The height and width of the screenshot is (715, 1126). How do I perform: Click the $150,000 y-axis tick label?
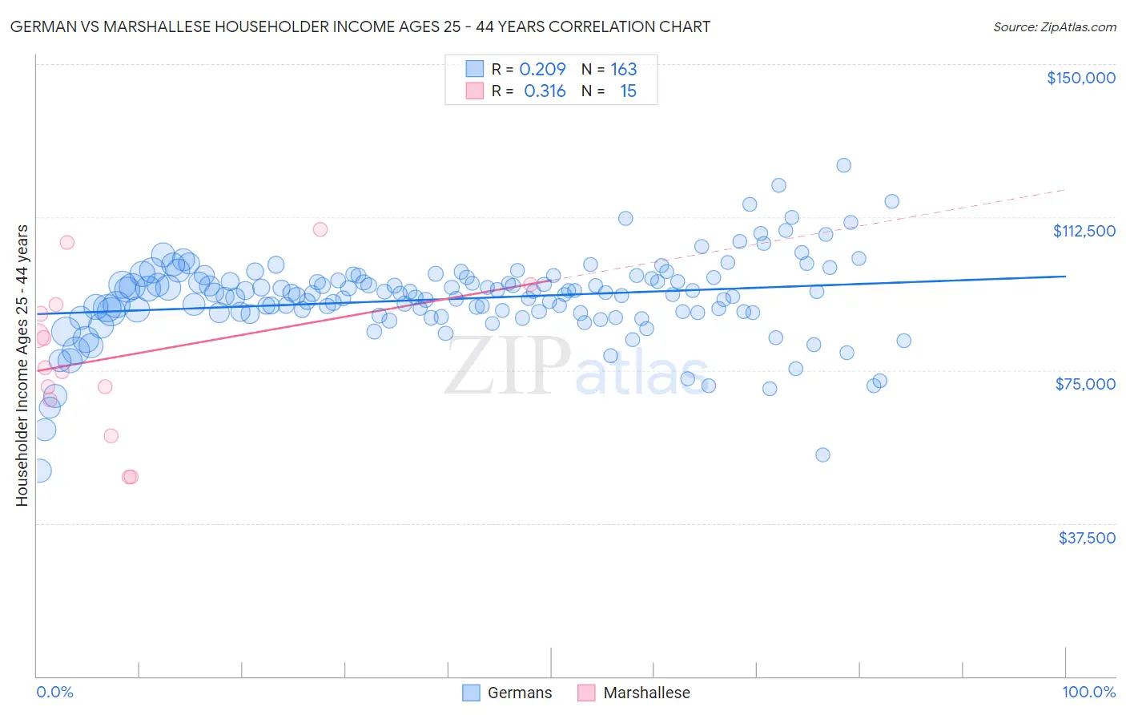[1080, 78]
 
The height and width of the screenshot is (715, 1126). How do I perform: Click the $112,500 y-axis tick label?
[1084, 231]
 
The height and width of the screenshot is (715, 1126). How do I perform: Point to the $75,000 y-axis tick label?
[1085, 384]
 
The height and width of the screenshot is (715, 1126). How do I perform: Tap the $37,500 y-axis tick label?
[1087, 538]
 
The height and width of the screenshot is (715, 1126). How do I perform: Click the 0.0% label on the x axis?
[54, 692]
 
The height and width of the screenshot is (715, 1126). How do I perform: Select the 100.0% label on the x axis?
[1088, 692]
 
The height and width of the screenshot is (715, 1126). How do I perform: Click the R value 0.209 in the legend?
[542, 70]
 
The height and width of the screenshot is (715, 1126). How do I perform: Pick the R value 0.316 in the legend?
[545, 91]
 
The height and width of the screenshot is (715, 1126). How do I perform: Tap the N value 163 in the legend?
[623, 70]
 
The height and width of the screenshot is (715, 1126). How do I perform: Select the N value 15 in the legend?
[628, 91]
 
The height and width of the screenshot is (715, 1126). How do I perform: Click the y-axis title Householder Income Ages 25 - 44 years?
[22, 366]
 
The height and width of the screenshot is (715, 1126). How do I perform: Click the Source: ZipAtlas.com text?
[1054, 27]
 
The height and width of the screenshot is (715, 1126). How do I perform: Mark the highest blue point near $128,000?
[843, 165]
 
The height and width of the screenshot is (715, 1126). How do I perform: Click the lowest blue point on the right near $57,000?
[822, 454]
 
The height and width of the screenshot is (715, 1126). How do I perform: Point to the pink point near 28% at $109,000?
[320, 229]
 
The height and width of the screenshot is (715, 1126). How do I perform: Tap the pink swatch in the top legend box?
[474, 91]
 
